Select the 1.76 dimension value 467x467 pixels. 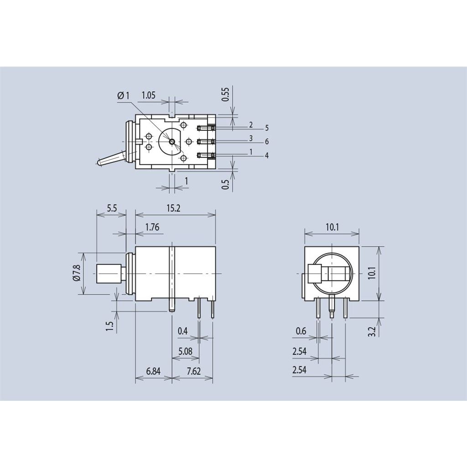tap(152, 227)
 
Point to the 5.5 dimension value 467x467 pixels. tap(112, 208)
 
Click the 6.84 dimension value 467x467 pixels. tap(153, 371)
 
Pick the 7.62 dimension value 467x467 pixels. tap(193, 371)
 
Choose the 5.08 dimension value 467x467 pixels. tap(185, 351)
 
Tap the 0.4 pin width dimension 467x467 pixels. tap(182, 331)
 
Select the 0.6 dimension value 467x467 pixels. tap(301, 331)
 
